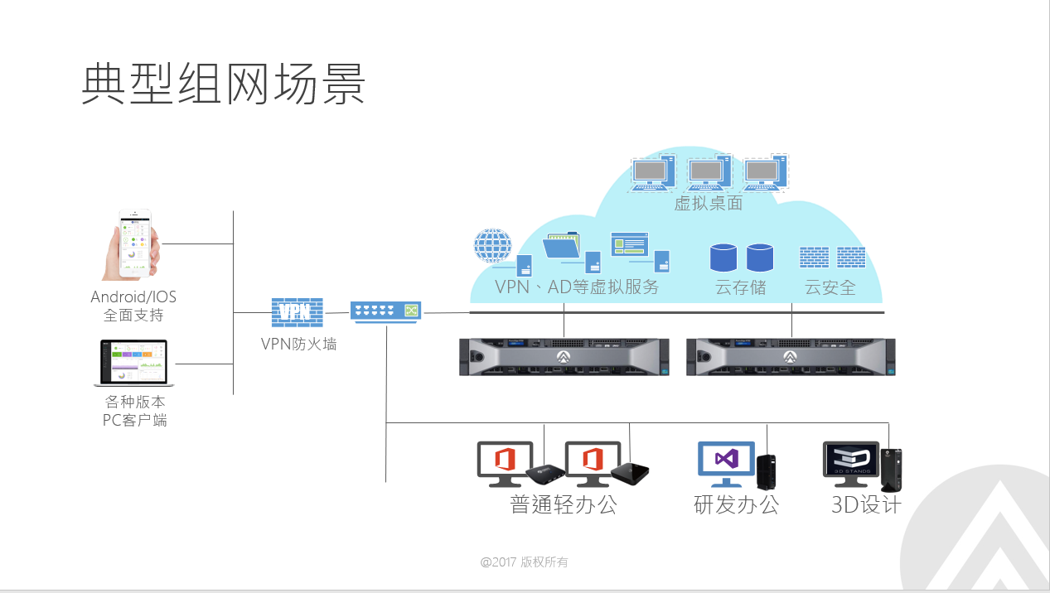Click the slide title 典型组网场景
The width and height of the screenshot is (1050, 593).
(224, 84)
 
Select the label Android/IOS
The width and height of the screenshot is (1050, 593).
(133, 296)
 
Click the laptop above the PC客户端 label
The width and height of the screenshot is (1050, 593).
(133, 363)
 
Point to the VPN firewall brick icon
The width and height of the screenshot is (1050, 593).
(297, 312)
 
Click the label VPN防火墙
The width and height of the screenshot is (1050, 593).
(298, 344)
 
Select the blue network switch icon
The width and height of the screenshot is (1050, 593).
(385, 311)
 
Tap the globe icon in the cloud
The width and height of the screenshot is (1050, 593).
(493, 246)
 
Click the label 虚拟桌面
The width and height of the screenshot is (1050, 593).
(708, 203)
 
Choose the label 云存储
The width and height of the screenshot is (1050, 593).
(740, 288)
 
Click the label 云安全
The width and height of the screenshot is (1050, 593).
(830, 288)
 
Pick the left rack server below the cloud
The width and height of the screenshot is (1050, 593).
(564, 357)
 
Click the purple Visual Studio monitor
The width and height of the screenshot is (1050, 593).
(726, 460)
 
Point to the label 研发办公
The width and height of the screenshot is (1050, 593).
(736, 504)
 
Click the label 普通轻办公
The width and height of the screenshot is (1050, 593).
(564, 504)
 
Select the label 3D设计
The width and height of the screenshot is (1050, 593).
(866, 504)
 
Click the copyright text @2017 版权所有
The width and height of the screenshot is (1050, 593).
(525, 562)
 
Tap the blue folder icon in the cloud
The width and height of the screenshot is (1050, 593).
(562, 247)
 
